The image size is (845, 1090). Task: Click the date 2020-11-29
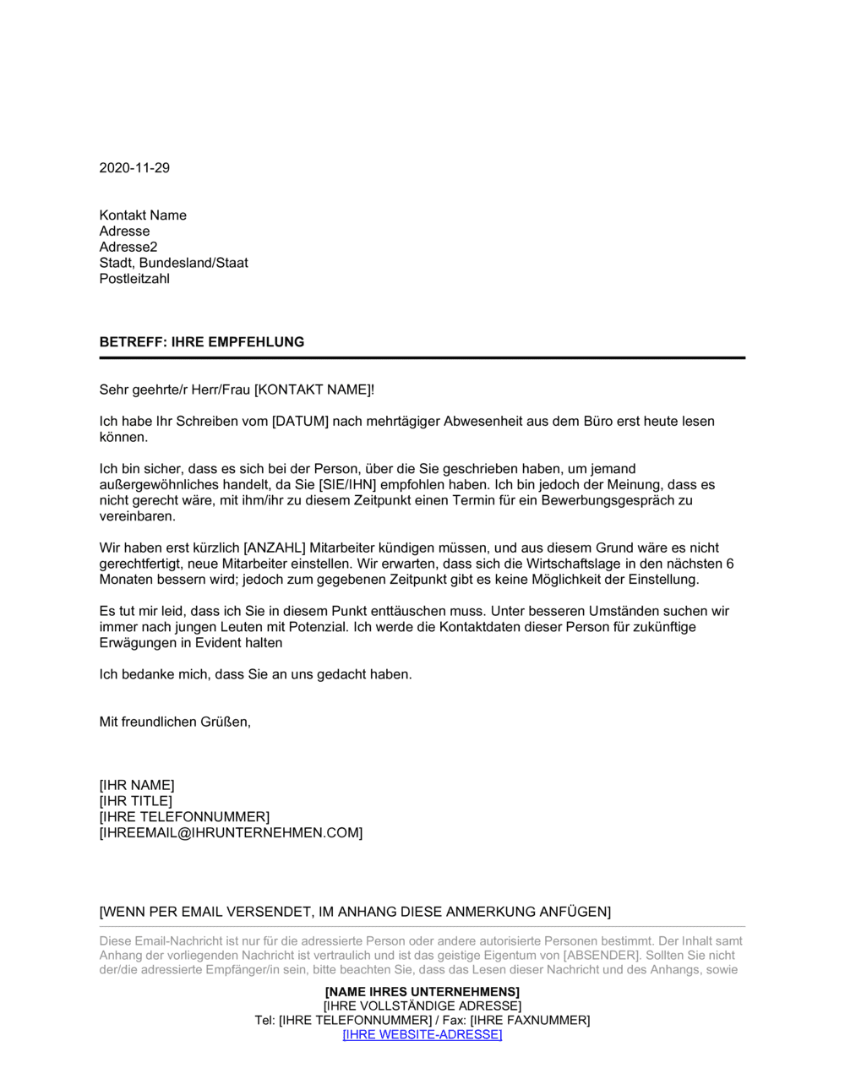[x=134, y=167]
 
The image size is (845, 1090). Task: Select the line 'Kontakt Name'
[x=143, y=215]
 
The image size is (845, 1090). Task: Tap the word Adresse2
[x=128, y=247]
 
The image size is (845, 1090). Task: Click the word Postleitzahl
[x=134, y=279]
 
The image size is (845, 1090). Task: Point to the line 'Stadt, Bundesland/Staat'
[x=173, y=263]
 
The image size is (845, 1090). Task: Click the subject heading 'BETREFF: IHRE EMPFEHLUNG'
[x=201, y=342]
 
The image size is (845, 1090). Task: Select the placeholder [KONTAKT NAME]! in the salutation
[x=313, y=390]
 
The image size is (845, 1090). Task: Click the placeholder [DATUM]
[x=300, y=421]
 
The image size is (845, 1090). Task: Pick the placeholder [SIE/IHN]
[x=347, y=484]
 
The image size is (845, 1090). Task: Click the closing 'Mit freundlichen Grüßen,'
[x=175, y=722]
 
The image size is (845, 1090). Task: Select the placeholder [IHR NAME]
[x=137, y=785]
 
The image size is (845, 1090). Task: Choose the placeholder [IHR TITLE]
[x=135, y=801]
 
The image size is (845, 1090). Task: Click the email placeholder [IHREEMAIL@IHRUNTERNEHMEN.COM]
[x=231, y=832]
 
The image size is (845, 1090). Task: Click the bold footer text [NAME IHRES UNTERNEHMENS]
[x=422, y=991]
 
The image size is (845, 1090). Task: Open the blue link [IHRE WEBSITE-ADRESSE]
[x=422, y=1034]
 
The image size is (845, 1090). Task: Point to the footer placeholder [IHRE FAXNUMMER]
[x=530, y=1020]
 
